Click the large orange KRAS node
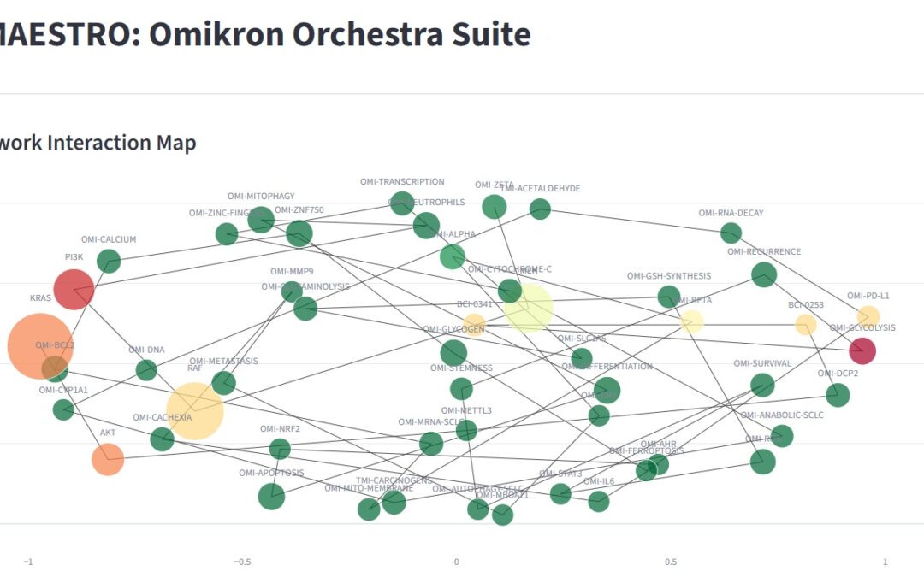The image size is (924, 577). [x=40, y=345]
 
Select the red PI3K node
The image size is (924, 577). [x=74, y=289]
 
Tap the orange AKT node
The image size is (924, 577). [x=108, y=459]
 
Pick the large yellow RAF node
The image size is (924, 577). [x=195, y=411]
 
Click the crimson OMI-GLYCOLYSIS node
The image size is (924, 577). [x=862, y=350]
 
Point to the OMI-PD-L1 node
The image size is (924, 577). [x=868, y=316]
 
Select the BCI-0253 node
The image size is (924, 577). [x=806, y=325]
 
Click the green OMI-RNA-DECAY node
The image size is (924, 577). [x=731, y=233]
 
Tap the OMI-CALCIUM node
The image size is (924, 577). [x=109, y=261]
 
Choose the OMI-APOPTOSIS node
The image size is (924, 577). [x=271, y=496]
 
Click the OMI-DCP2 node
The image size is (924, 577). [x=838, y=395]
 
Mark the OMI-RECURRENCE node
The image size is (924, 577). [x=764, y=274]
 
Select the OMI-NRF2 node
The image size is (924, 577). [x=280, y=449]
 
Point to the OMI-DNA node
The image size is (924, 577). [x=146, y=370]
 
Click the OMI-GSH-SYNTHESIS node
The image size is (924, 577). [x=669, y=297]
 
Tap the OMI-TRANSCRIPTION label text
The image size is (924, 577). [x=402, y=182]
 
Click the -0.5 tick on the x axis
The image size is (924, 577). [x=243, y=562]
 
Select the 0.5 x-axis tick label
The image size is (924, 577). [x=671, y=562]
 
